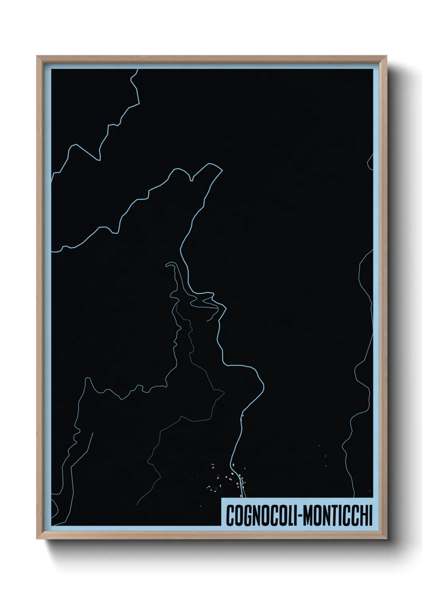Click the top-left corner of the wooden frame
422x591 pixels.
click(37, 56)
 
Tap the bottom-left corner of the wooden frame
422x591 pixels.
click(37, 539)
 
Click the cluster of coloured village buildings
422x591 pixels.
click(227, 477)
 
